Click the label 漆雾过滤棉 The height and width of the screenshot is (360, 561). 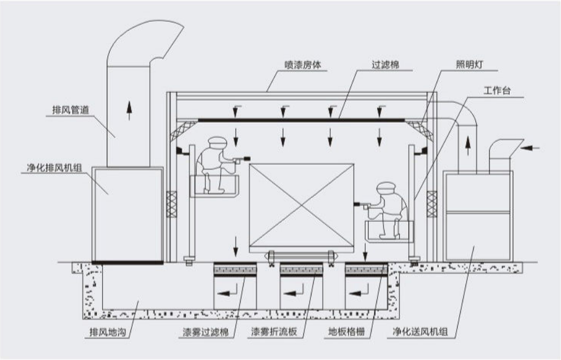204,333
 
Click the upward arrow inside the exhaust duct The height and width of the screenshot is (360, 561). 129,110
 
